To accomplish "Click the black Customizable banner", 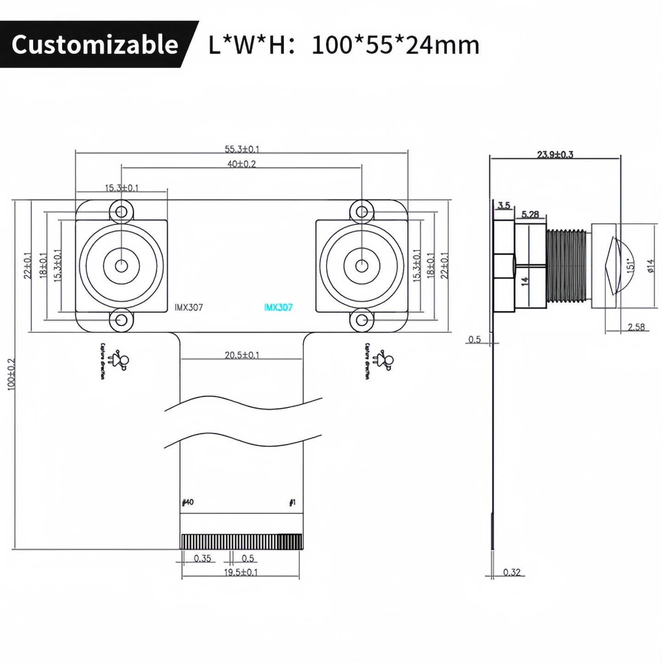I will [x=95, y=45].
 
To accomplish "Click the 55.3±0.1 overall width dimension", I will [x=242, y=149].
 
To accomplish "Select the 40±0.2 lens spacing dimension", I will [x=242, y=164].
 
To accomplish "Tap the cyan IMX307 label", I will [x=278, y=308].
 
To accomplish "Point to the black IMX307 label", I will [x=188, y=308].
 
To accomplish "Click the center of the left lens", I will [x=121, y=266].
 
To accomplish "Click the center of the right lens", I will [x=362, y=266].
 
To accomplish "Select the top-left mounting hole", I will [x=121, y=212].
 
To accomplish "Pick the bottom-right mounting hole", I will [x=362, y=320].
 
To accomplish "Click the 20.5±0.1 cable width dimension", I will [x=242, y=355].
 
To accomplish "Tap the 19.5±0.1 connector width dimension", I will [x=241, y=572].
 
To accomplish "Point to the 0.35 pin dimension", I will [x=202, y=559].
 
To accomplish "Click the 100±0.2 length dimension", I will [x=12, y=375].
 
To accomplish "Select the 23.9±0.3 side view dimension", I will [x=555, y=154].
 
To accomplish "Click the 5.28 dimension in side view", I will [x=530, y=215].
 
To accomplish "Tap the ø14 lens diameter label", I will [x=651, y=266].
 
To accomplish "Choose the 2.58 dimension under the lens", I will [x=636, y=327].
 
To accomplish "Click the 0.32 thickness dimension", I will [x=512, y=572].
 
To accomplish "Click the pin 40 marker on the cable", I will [x=188, y=502].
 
